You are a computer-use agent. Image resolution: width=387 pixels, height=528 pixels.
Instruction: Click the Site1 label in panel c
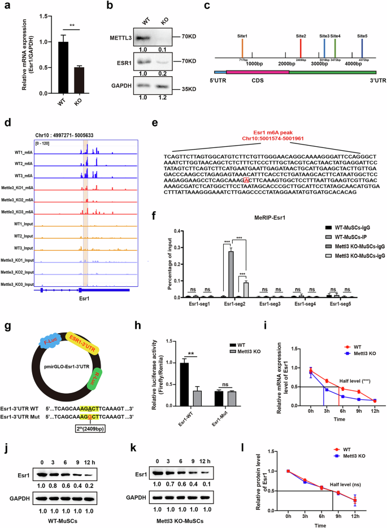242,36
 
